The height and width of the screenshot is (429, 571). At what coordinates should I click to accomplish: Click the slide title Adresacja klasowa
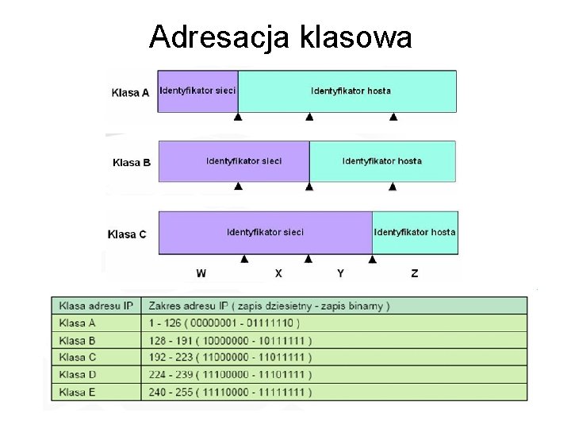pyautogui.click(x=280, y=36)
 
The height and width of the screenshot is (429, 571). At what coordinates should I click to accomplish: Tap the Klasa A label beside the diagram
pyautogui.click(x=130, y=92)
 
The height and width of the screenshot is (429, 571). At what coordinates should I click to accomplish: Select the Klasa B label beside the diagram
pyautogui.click(x=131, y=163)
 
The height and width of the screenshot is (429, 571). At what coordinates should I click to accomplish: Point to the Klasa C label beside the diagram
pyautogui.click(x=127, y=234)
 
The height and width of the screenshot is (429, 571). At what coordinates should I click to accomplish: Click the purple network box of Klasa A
pyautogui.click(x=198, y=91)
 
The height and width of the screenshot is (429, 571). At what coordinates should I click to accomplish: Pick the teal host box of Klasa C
pyautogui.click(x=414, y=232)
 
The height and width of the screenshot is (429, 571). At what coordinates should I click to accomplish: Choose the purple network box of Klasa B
pyautogui.click(x=234, y=160)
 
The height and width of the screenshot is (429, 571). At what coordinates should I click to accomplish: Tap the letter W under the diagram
pyautogui.click(x=201, y=273)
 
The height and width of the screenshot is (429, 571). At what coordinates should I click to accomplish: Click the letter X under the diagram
pyautogui.click(x=278, y=273)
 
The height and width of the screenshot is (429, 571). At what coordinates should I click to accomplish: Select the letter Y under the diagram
pyautogui.click(x=340, y=273)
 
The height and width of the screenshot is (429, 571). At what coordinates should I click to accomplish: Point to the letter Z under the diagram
pyautogui.click(x=415, y=273)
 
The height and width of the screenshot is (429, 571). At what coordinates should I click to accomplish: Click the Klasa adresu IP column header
pyautogui.click(x=95, y=305)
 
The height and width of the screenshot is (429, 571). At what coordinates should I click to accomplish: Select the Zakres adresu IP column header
pyautogui.click(x=269, y=305)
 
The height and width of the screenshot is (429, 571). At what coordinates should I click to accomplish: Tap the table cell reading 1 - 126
pyautogui.click(x=224, y=323)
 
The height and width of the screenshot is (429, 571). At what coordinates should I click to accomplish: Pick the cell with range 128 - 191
pyautogui.click(x=230, y=340)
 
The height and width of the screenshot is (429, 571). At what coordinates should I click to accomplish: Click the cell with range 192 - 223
pyautogui.click(x=230, y=357)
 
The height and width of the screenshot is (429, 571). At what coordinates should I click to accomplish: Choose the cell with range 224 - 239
pyautogui.click(x=230, y=375)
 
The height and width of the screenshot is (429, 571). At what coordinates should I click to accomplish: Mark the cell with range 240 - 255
pyautogui.click(x=230, y=392)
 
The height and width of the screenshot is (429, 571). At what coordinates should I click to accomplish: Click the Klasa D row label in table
pyautogui.click(x=78, y=375)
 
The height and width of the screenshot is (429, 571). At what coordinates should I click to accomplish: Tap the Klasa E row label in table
pyautogui.click(x=78, y=392)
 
